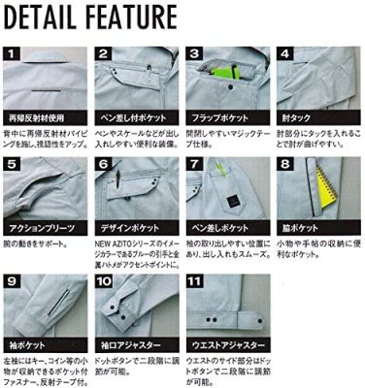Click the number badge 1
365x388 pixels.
pyautogui.click(x=13, y=53)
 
